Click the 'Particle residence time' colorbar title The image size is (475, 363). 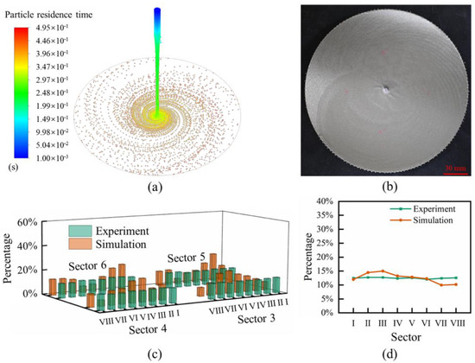50,10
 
